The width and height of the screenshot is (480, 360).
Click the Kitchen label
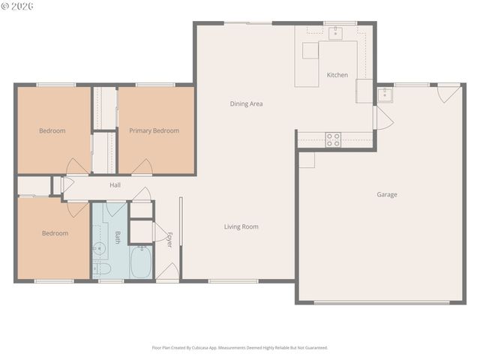click(337, 75)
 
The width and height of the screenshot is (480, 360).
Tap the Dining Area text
click(246, 103)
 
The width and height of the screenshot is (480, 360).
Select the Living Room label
click(241, 226)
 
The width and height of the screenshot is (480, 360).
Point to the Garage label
click(387, 195)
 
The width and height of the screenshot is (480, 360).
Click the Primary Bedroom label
click(154, 130)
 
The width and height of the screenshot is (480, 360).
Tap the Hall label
click(115, 185)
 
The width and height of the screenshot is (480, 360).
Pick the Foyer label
click(169, 239)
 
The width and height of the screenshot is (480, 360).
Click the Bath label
click(118, 237)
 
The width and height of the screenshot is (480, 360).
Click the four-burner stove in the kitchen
click(333, 139)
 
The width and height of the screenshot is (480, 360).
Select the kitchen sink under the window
click(335, 33)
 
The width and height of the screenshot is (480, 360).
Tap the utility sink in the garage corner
click(385, 94)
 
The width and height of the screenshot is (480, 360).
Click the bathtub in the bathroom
click(141, 262)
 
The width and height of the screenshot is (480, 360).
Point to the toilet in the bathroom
click(102, 268)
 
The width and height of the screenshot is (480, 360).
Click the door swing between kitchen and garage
click(383, 118)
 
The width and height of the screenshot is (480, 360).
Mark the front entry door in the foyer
click(167, 271)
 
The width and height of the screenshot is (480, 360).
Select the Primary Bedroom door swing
click(142, 167)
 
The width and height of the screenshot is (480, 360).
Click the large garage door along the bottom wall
click(382, 303)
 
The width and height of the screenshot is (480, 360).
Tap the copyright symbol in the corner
click(5, 6)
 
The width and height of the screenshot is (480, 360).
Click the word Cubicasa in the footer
click(200, 348)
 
